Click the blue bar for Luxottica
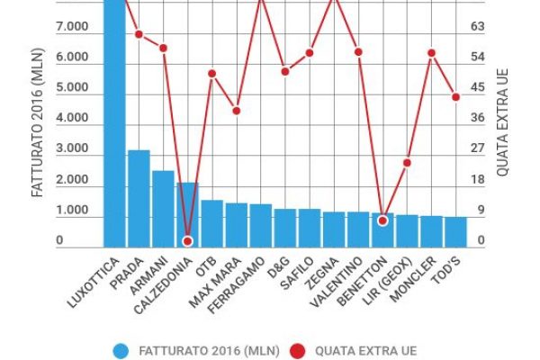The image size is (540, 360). click(x=114, y=126)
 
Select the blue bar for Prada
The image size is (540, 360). click(x=139, y=198)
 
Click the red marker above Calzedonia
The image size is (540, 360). click(x=187, y=241)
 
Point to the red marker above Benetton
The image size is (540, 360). click(x=382, y=220)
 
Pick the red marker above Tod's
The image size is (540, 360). click(x=455, y=96)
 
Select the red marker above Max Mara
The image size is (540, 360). click(x=236, y=111)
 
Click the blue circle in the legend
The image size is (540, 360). click(x=121, y=350)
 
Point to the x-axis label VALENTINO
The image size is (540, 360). click(x=337, y=281)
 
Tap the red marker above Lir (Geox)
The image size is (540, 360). click(x=407, y=163)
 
